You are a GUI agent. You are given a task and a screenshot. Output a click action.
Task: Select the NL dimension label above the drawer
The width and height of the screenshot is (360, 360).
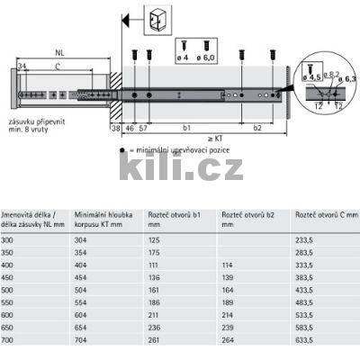(59, 52)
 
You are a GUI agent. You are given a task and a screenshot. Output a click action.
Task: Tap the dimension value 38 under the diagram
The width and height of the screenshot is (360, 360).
(115, 129)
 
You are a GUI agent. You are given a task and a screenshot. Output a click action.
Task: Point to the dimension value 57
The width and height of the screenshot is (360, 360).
(145, 129)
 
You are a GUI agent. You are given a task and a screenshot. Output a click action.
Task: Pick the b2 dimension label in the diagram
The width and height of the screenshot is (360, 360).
(256, 129)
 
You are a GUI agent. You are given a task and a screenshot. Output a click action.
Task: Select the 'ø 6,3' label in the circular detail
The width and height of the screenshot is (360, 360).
(349, 78)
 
